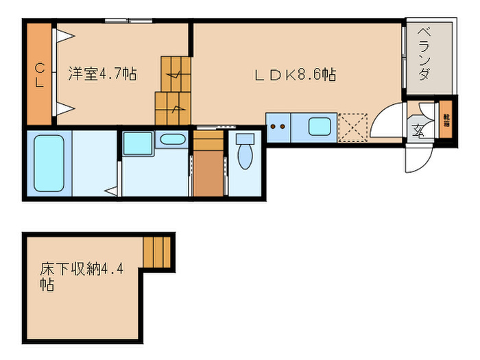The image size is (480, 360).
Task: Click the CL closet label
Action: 40,75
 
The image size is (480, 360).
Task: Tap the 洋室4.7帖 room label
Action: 101,74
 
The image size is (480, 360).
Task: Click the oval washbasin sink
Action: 171,140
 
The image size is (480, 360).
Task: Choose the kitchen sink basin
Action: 319,127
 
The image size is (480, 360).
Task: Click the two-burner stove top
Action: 278,127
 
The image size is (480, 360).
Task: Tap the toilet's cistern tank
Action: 245,138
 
